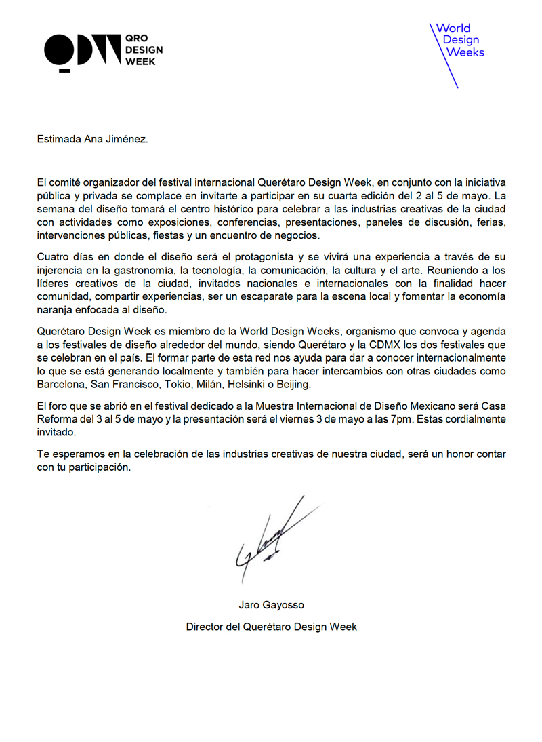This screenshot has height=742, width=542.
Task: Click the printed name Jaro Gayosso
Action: tap(271, 605)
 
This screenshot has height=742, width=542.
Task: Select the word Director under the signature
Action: tap(205, 627)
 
